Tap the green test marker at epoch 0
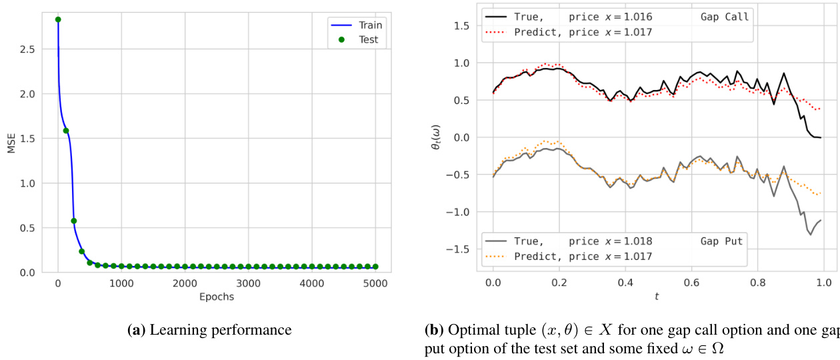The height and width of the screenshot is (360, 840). click(x=58, y=19)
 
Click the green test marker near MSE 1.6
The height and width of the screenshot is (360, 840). click(x=66, y=131)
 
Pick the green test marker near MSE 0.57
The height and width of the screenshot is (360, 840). click(x=74, y=221)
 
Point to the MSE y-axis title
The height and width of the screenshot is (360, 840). click(x=10, y=143)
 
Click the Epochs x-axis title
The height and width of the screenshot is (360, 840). click(x=217, y=297)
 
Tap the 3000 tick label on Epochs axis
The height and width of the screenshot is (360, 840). click(x=248, y=283)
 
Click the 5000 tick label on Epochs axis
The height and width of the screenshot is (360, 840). click(x=375, y=283)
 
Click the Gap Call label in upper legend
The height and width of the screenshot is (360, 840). click(x=725, y=17)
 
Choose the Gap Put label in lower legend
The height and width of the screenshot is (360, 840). click(x=722, y=241)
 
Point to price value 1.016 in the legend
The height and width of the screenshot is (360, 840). click(x=637, y=17)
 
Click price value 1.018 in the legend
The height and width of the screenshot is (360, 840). click(x=637, y=241)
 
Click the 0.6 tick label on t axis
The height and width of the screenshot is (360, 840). click(x=691, y=283)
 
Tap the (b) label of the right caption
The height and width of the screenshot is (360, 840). click(x=435, y=330)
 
